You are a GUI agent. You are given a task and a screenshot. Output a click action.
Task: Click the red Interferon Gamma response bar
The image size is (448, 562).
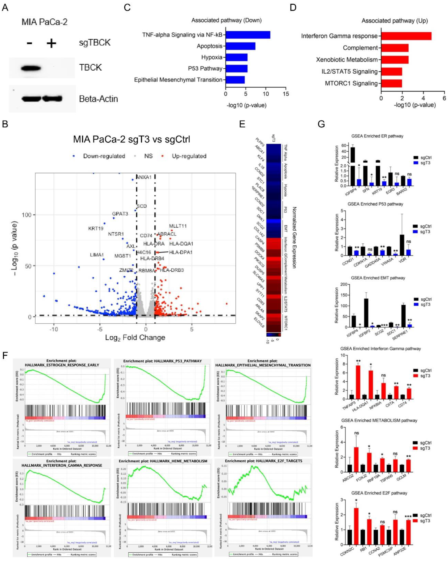[406, 36]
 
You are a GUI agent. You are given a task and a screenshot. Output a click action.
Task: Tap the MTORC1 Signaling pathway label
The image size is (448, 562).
[351, 83]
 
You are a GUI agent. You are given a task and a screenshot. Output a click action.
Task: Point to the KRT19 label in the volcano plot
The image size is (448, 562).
[96, 229]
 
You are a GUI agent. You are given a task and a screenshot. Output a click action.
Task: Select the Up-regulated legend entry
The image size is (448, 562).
[189, 156]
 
